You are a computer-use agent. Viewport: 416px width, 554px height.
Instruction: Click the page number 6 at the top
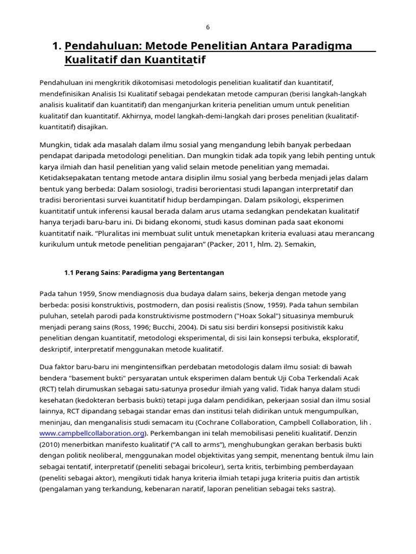[207, 28]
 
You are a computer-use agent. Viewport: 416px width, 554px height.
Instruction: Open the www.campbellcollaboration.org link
[92, 433]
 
